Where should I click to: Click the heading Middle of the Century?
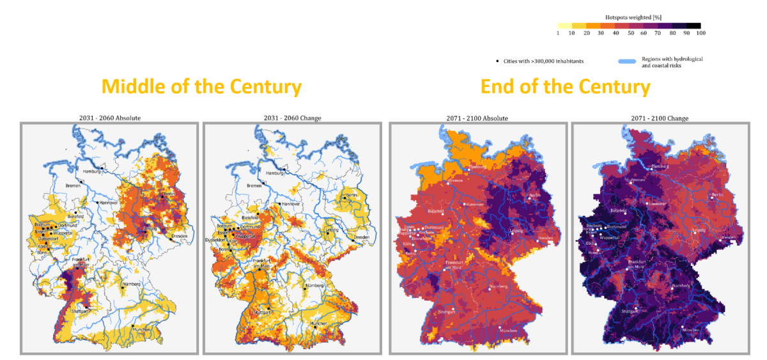(x=201, y=86)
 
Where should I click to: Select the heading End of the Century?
(x=565, y=86)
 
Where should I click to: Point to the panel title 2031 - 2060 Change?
(x=292, y=118)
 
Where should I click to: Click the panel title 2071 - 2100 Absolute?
(x=477, y=118)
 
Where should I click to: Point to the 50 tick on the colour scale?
(x=630, y=33)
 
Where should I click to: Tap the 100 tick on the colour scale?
(x=701, y=33)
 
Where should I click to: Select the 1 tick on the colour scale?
(x=558, y=33)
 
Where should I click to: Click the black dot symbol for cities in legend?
(x=498, y=61)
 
